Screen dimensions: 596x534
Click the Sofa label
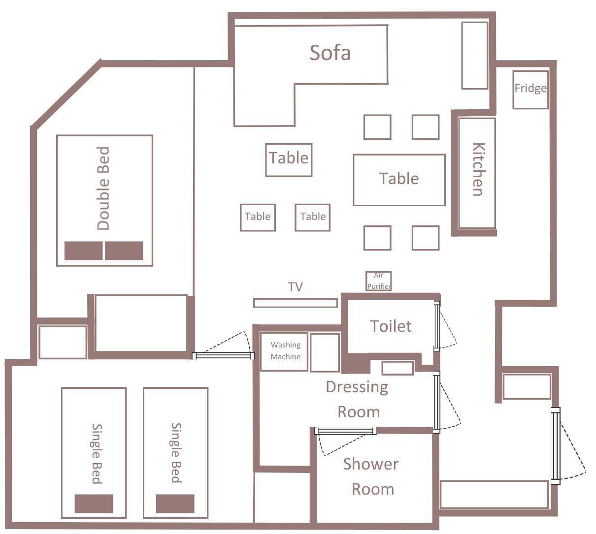point(330,53)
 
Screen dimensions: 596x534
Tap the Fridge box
point(530,90)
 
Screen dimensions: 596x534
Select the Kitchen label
point(478,169)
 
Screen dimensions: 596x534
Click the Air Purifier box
point(379,281)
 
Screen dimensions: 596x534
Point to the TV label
point(296,287)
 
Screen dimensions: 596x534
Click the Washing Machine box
point(284,351)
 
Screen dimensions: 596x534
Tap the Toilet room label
point(391,326)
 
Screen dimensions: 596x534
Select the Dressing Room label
point(358,400)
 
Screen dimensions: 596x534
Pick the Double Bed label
point(103,188)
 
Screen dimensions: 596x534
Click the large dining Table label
point(399,179)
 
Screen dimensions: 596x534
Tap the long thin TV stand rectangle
point(296,303)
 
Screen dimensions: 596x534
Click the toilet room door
point(437,326)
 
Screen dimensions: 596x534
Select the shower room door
point(345,431)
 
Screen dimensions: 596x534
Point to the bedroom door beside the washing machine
point(223,356)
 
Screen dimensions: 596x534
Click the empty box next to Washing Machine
point(325,352)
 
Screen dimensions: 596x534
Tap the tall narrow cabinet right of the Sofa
point(474,56)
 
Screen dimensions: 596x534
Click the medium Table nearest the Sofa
point(289,160)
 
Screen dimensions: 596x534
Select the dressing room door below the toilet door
point(437,402)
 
